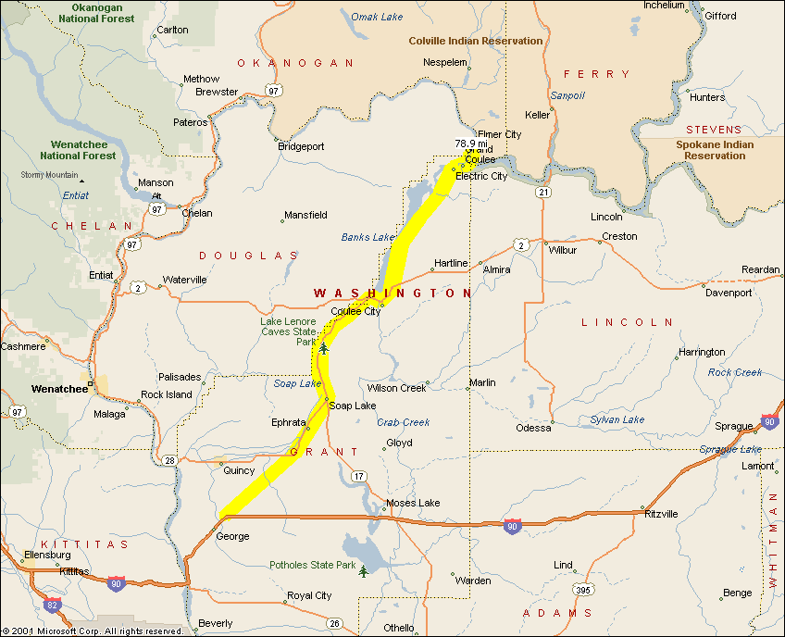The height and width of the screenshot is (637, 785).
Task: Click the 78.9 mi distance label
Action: (x=471, y=144)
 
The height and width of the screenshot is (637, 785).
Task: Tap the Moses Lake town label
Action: (x=413, y=503)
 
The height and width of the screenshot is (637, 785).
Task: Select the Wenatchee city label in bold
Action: (x=58, y=389)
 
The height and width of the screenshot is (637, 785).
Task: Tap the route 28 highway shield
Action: (x=169, y=460)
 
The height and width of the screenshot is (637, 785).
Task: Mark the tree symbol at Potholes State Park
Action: (x=364, y=571)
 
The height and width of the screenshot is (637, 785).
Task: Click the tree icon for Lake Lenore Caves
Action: (x=323, y=348)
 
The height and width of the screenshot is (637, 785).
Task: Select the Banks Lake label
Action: (x=368, y=237)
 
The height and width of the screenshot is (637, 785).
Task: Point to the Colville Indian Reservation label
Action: (x=476, y=41)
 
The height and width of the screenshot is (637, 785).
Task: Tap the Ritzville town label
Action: (x=661, y=514)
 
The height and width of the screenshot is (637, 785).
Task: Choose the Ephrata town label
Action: (x=288, y=422)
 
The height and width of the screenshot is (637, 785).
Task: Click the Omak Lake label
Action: (x=377, y=16)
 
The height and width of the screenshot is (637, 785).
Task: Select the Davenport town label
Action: (x=729, y=293)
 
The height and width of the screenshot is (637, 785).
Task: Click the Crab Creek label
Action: (x=404, y=422)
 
